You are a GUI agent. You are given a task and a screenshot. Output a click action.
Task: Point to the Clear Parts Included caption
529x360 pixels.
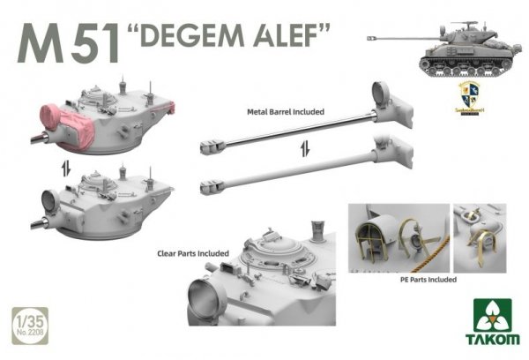[x=191, y=253]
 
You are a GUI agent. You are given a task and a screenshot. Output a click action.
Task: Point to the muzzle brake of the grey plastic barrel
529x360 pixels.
[x=211, y=184]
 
